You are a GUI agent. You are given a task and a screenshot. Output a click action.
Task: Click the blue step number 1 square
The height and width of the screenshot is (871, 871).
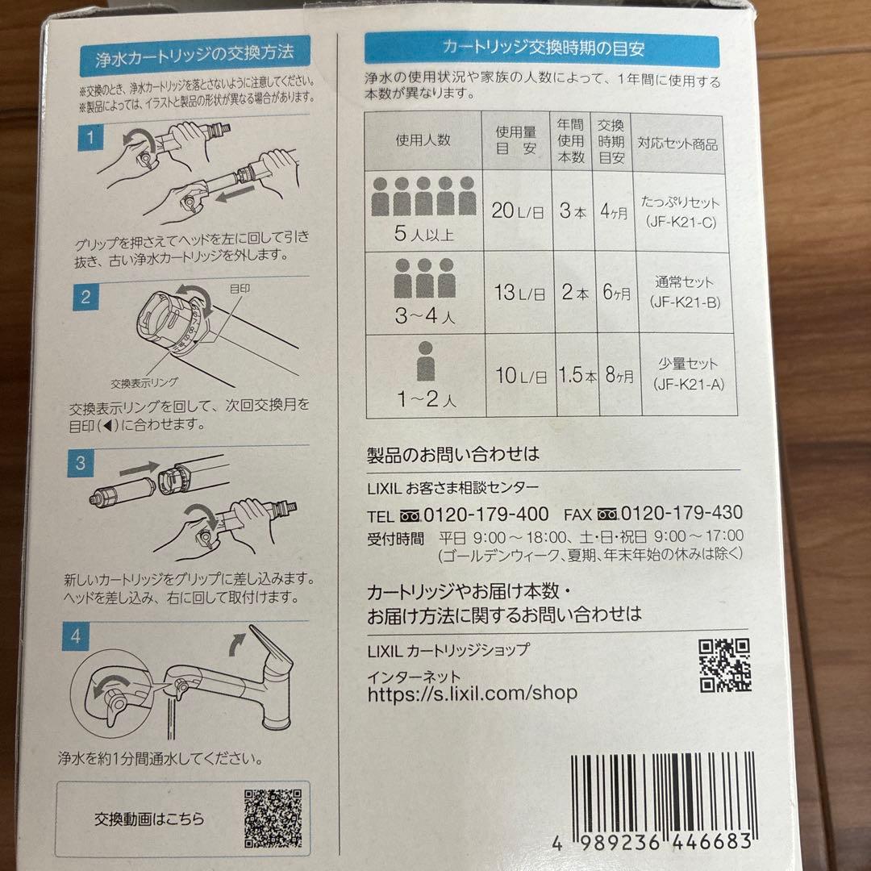tap(91, 138)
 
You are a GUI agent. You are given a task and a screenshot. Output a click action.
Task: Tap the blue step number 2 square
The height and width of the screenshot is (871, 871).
tap(85, 297)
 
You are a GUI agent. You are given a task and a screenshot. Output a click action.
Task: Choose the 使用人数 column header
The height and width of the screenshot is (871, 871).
tap(423, 140)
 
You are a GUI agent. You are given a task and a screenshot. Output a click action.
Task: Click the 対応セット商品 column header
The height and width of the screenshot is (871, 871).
tap(677, 145)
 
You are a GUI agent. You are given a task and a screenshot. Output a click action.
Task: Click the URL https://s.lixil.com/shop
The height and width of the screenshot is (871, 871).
tap(472, 693)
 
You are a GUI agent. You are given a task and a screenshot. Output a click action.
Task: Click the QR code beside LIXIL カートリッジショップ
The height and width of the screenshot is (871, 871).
tap(724, 665)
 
